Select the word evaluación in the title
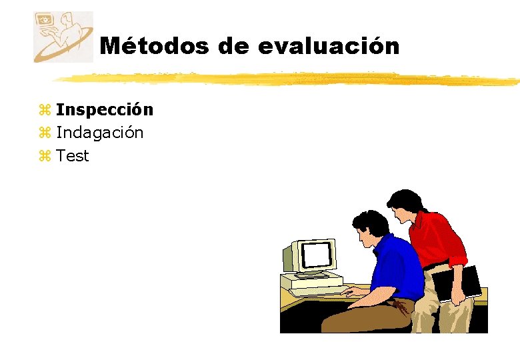[x=328, y=46]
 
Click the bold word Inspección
[x=105, y=109]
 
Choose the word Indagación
[x=99, y=133]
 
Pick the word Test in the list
[x=73, y=156]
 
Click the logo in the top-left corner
[x=63, y=37]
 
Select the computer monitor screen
[x=317, y=254]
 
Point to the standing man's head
[x=404, y=203]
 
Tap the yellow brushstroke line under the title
[x=287, y=79]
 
